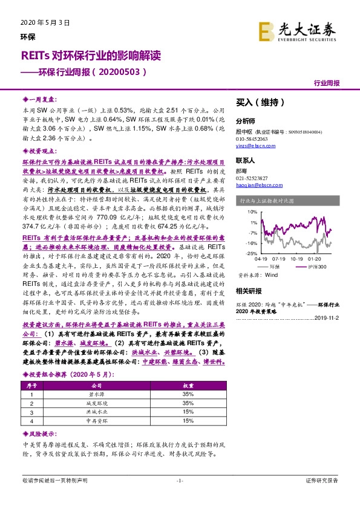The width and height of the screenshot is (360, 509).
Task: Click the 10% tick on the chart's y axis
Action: tap(252, 212)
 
